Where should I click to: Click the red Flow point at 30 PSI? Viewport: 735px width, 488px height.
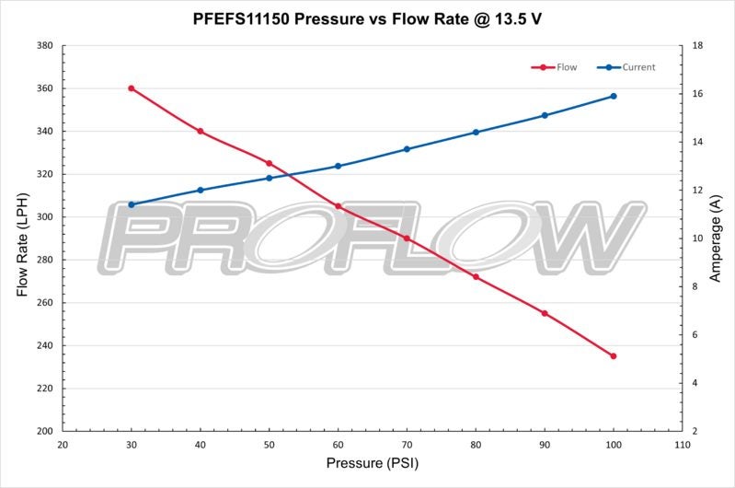132,88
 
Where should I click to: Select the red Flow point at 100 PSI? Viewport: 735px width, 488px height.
614,356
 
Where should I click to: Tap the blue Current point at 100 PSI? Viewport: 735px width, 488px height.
614,96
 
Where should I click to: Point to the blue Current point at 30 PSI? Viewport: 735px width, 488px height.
132,204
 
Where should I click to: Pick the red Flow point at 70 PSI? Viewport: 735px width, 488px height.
407,238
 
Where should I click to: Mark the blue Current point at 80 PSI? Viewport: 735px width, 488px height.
476,132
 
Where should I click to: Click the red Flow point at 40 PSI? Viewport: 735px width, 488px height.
201,131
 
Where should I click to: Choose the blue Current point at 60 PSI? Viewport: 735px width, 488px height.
339,166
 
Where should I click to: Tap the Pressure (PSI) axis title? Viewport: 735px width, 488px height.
372,463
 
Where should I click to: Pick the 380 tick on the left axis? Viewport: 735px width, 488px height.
43,46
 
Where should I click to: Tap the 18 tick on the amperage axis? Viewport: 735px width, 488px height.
698,46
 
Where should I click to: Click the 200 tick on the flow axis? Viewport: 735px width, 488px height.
43,431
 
